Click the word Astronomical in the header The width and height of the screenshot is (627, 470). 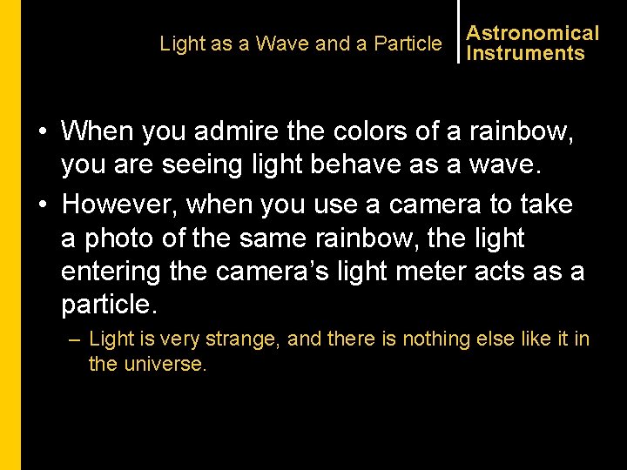click(x=533, y=33)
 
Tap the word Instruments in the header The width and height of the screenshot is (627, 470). click(x=525, y=53)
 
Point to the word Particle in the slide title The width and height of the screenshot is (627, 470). click(x=408, y=44)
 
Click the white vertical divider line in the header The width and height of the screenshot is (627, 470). click(x=458, y=31)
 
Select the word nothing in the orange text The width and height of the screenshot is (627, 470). click(x=413, y=339)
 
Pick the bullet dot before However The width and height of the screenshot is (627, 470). click(x=42, y=205)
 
